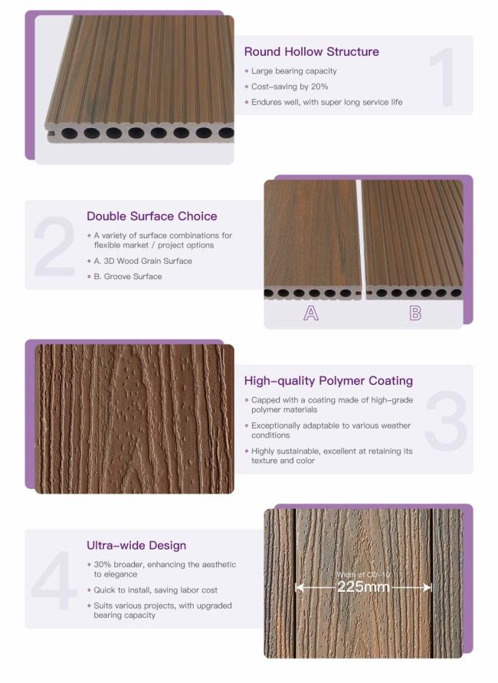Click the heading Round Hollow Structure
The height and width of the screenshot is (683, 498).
tap(311, 52)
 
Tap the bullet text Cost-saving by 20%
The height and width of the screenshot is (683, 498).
tap(290, 87)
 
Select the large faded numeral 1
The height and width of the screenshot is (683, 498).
tap(443, 77)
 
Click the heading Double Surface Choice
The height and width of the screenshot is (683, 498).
tap(152, 216)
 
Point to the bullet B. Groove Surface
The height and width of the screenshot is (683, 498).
tap(127, 277)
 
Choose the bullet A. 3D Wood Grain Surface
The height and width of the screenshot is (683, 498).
tap(143, 261)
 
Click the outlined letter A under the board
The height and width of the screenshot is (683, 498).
tap(311, 314)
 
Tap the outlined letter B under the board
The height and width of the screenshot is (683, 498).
tap(415, 314)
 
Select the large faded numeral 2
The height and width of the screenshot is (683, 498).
tap(55, 246)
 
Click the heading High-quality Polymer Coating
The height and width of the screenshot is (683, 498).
tap(328, 381)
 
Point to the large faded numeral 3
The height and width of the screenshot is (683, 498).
tap(446, 421)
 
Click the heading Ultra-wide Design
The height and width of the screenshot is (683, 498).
tap(136, 545)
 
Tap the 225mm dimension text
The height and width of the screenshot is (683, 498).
tap(363, 586)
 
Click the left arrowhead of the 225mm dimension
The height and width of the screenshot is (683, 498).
tap(299, 588)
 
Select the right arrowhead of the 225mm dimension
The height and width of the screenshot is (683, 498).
tap(428, 588)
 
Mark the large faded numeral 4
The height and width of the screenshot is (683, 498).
tap(54, 580)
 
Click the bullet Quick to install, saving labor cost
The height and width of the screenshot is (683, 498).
tap(156, 590)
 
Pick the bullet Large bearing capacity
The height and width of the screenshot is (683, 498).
tap(294, 71)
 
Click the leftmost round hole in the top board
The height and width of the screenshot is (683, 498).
tap(69, 133)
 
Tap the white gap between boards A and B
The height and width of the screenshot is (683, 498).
tap(359, 235)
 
